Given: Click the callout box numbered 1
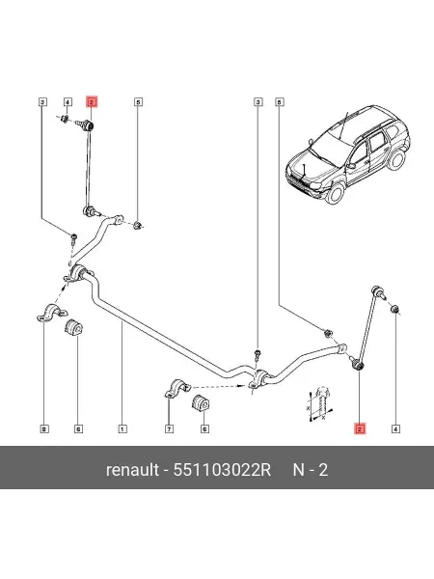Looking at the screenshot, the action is (122, 428).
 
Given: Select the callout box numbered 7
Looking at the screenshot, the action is (169, 428).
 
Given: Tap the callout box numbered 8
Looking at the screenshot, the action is (44, 428).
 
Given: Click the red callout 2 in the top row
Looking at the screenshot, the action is (92, 101).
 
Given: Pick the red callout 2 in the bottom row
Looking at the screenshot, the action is (360, 428).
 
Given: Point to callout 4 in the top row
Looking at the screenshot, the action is (68, 101).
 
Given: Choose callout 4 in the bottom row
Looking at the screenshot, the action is (395, 428).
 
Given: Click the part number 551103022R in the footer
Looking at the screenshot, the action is (222, 470).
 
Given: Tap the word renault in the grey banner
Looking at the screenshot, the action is (132, 470).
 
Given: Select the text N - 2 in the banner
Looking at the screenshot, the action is (310, 470).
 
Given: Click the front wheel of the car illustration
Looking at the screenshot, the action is (336, 193).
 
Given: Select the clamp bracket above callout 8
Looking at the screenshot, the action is (52, 313).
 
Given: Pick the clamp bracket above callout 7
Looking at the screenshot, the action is (177, 388).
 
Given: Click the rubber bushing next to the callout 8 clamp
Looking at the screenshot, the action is (74, 327).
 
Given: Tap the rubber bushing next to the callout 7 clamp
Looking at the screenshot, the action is (201, 402).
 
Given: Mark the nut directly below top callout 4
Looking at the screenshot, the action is (65, 119).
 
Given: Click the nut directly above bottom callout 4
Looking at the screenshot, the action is (394, 309).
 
